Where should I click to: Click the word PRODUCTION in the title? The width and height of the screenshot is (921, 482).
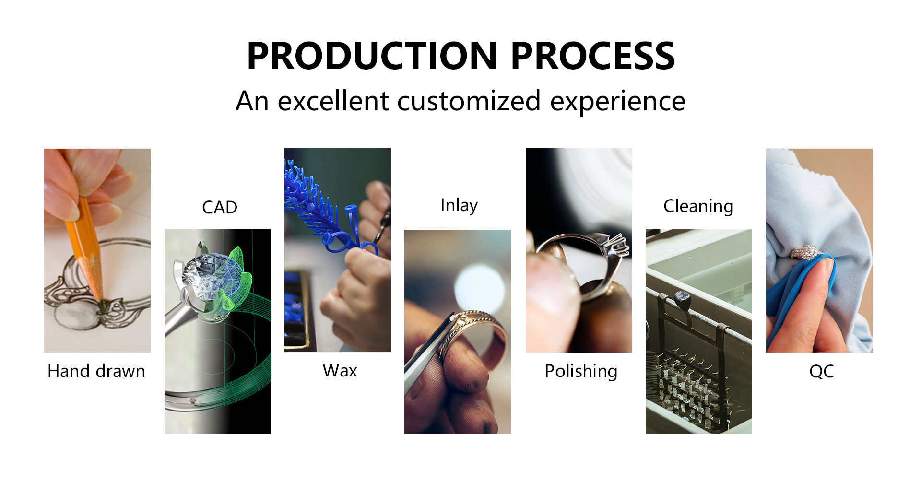pos(372,56)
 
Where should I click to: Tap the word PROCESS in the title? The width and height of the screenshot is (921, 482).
pos(593,56)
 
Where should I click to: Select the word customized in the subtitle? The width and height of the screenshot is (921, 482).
pos(469,101)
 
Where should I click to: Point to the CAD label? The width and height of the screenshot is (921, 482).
pos(220,208)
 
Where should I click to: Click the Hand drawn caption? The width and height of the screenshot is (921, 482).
pos(96,371)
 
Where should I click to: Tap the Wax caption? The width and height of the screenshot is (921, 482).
pos(340,371)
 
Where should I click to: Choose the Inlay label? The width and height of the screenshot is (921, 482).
pos(459,206)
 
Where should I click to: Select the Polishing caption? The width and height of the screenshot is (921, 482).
pos(581,372)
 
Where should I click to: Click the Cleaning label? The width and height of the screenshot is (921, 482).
pos(698,207)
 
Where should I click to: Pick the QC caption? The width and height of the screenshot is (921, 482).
pos(821,372)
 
